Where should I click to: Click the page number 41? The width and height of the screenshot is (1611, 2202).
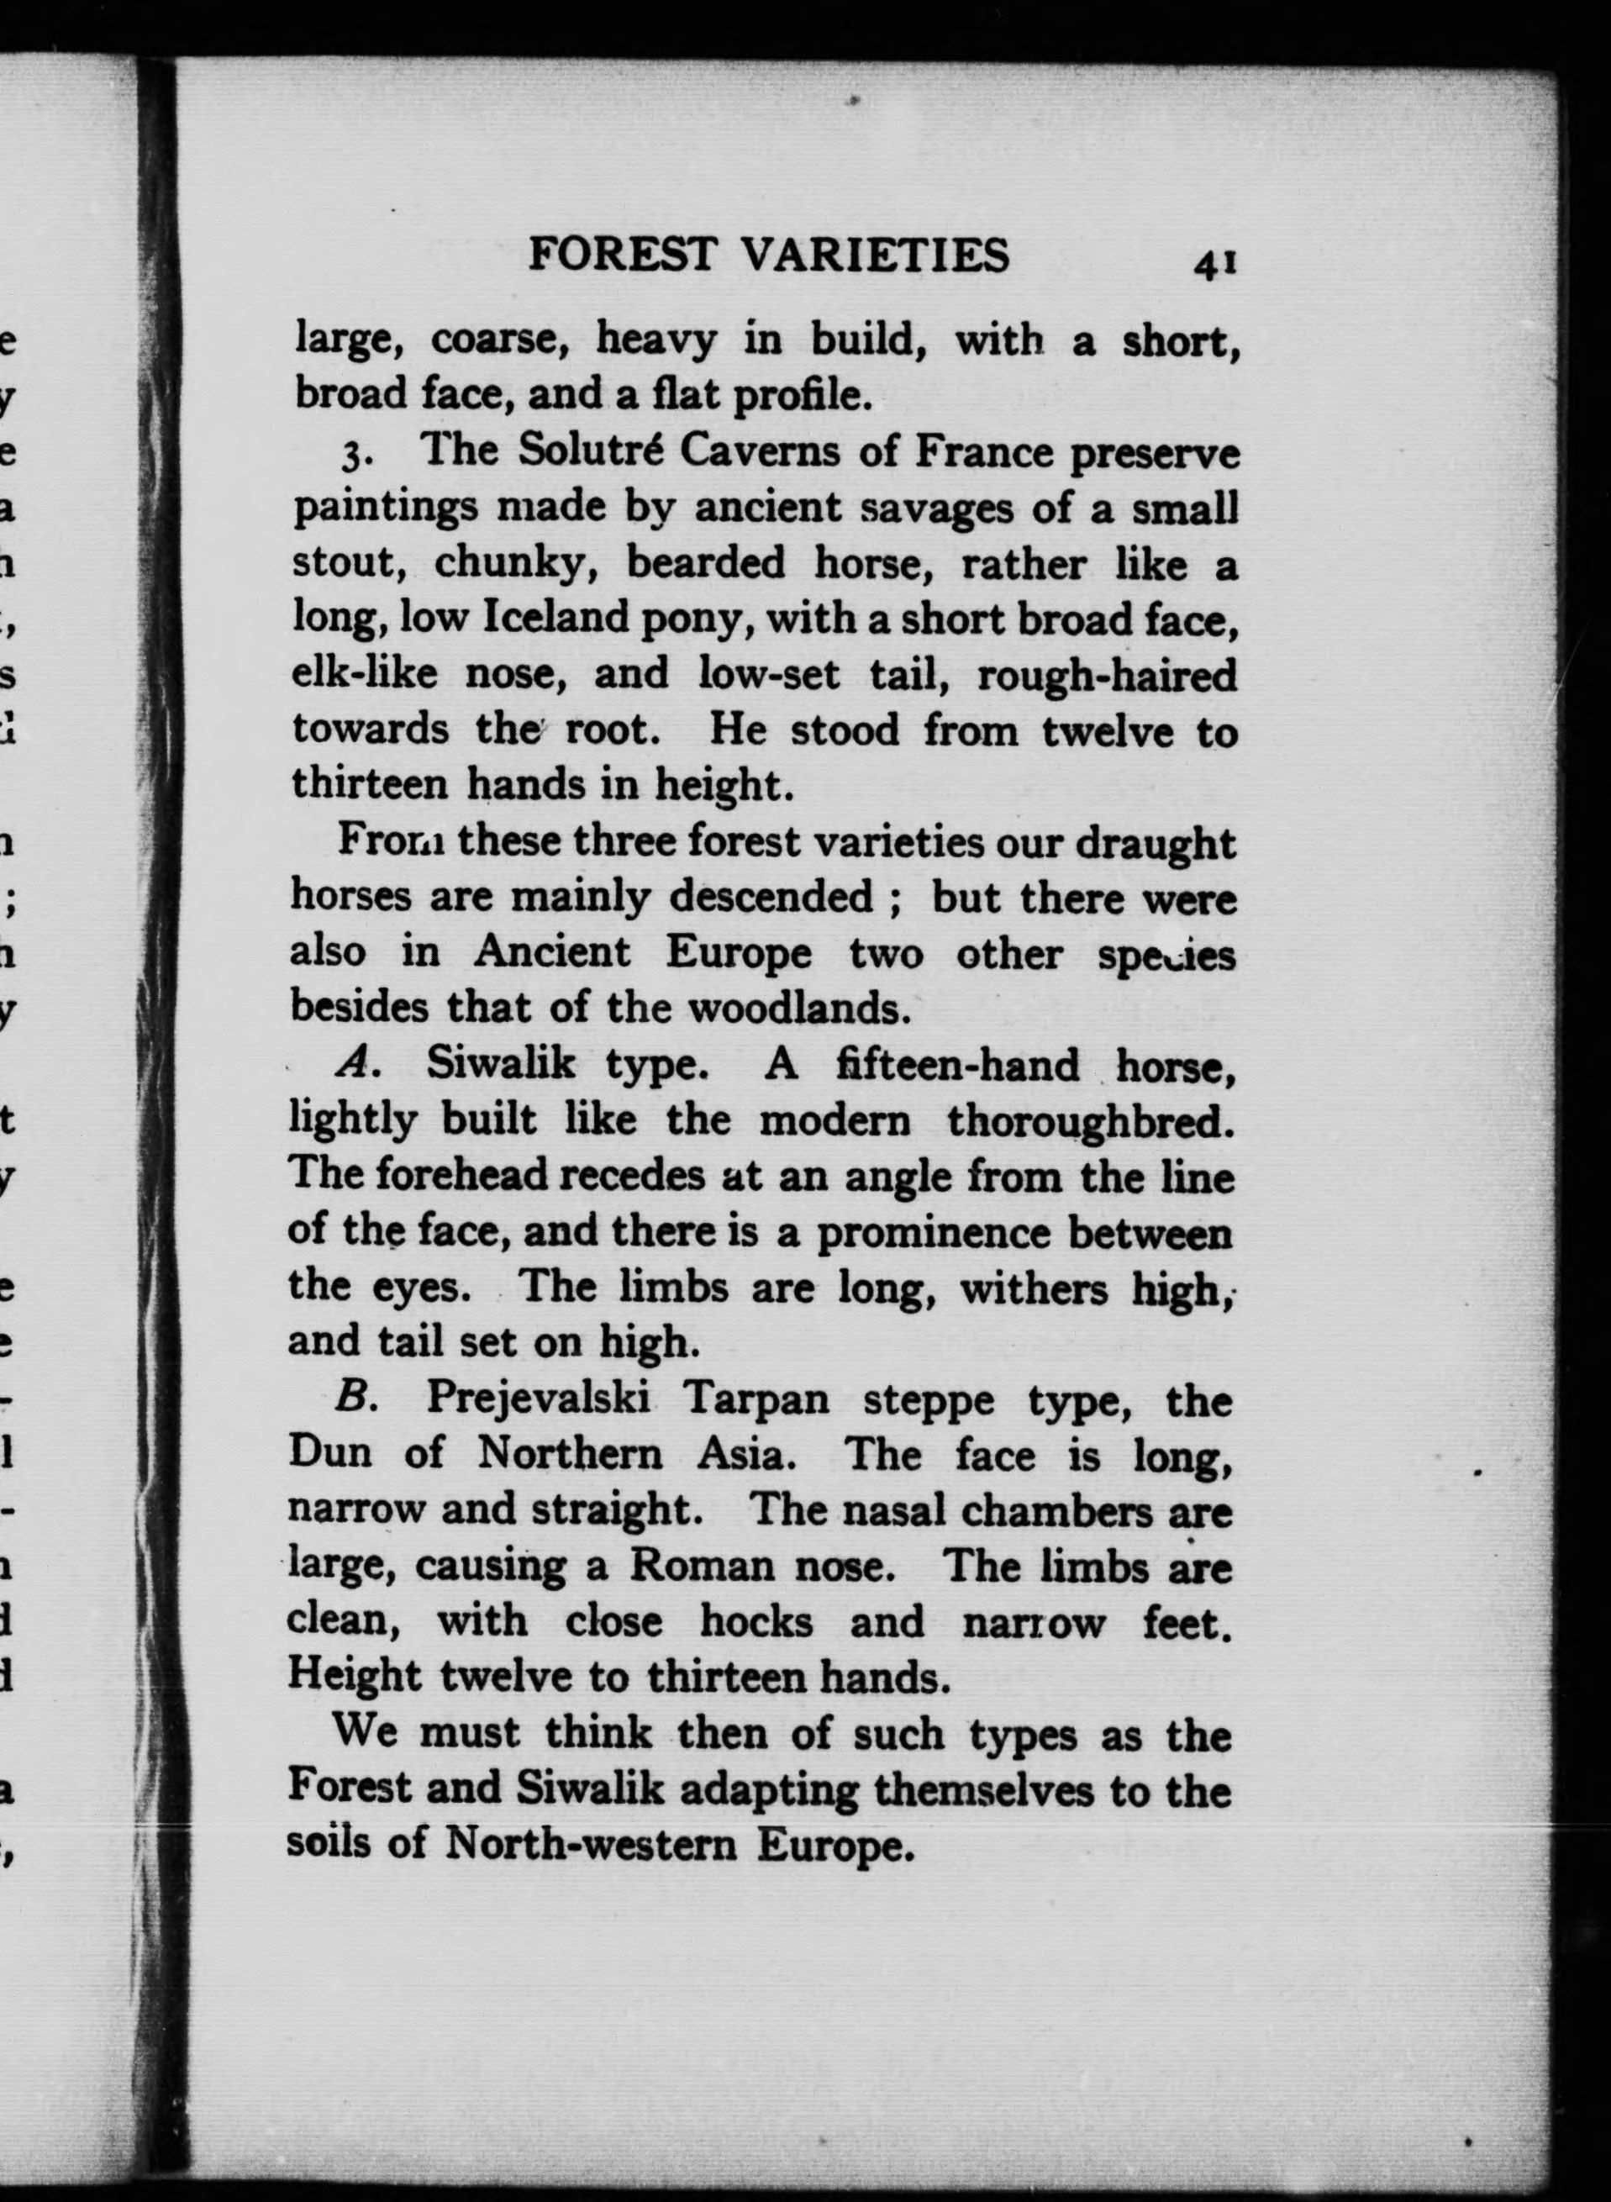click(1214, 264)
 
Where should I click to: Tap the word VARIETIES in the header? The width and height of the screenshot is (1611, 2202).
click(875, 255)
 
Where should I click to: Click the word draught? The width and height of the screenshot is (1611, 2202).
click(1156, 844)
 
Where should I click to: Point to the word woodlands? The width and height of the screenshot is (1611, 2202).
click(800, 1008)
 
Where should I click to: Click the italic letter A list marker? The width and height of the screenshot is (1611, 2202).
click(354, 1065)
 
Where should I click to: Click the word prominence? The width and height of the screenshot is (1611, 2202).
click(934, 1234)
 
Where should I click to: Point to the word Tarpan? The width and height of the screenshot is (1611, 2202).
click(756, 1400)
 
